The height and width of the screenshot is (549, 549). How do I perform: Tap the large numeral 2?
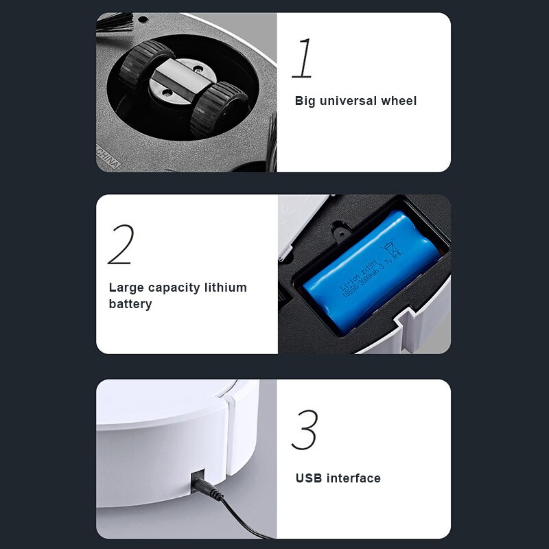121,244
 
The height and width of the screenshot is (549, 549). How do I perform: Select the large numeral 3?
304,430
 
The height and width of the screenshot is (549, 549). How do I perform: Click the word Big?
306,101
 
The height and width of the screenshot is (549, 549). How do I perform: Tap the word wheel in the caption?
399,101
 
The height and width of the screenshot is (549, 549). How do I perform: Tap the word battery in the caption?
130,303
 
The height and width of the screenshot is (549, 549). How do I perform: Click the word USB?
309,478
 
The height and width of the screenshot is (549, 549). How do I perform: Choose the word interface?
353,478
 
